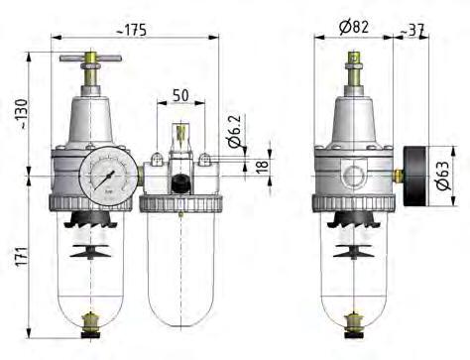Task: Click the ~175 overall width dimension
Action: pos(130,29)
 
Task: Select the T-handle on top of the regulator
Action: pos(87,62)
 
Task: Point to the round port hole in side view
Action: pos(354,177)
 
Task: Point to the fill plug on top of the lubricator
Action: pos(179,134)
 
